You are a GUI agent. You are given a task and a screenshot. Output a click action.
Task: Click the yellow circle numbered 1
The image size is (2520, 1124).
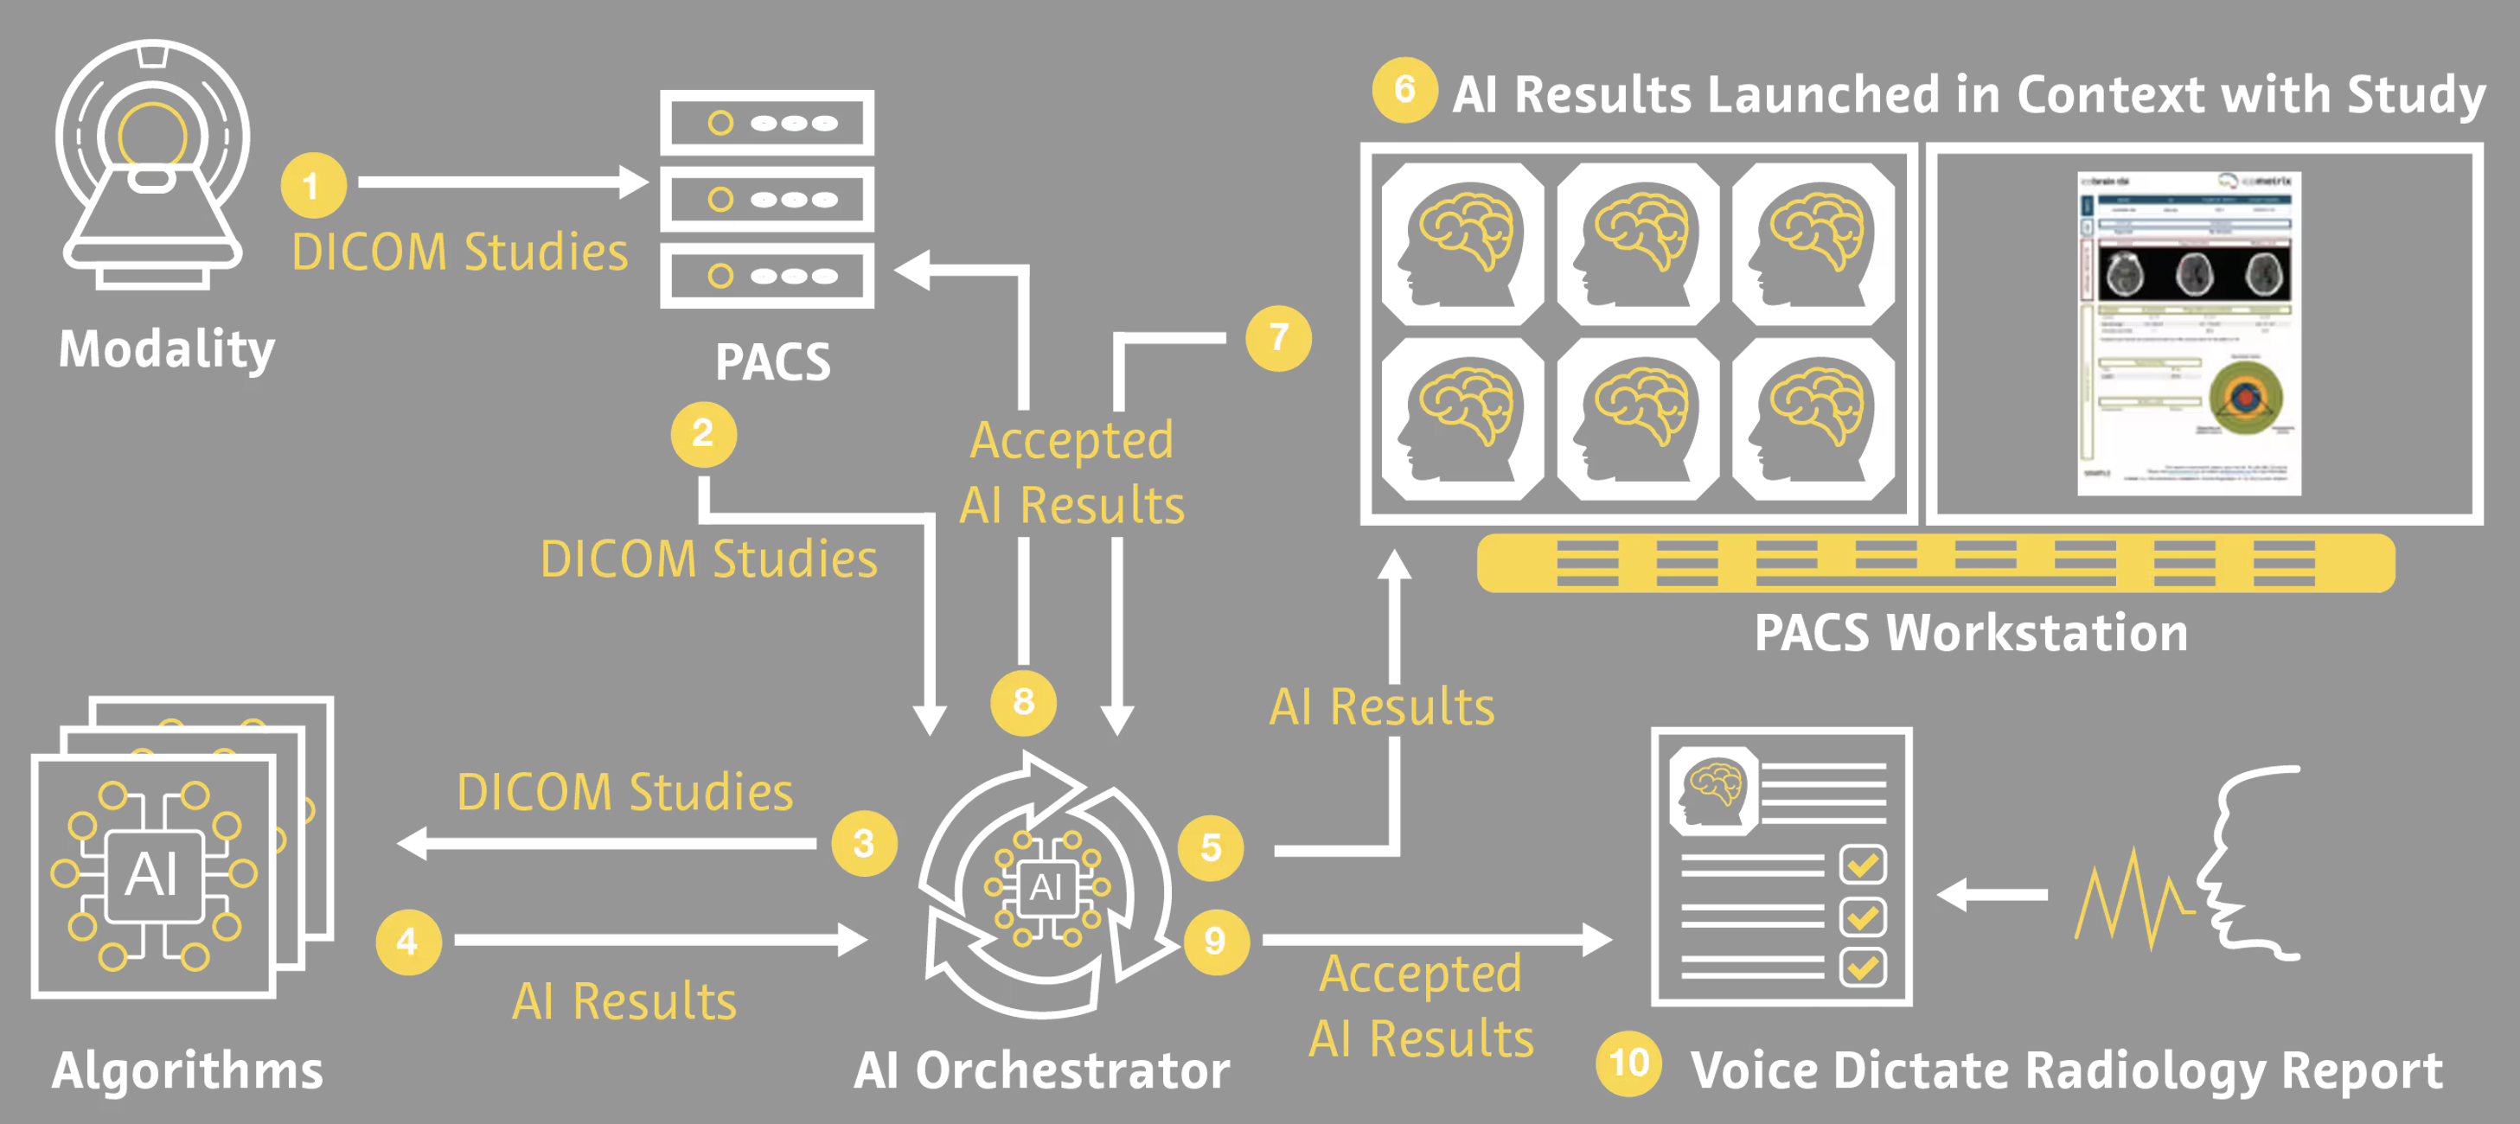pyautogui.click(x=313, y=186)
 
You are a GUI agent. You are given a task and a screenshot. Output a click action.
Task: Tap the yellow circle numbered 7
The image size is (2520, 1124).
pyautogui.click(x=1277, y=338)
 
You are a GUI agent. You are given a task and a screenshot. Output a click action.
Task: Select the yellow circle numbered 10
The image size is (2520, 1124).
pyautogui.click(x=1628, y=1063)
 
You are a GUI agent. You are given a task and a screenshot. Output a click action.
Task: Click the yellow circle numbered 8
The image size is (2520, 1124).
pyautogui.click(x=1023, y=701)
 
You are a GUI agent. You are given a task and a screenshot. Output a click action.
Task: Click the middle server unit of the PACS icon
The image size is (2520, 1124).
pyautogui.click(x=767, y=200)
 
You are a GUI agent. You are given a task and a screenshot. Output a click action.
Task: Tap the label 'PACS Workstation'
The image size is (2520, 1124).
pyautogui.click(x=1970, y=633)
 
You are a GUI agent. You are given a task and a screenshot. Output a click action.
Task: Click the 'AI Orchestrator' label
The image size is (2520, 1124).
pyautogui.click(x=1041, y=1070)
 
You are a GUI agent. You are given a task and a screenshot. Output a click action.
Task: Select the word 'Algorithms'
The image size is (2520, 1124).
pyautogui.click(x=187, y=1070)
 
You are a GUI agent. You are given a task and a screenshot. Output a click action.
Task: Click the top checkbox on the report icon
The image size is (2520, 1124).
pyautogui.click(x=1862, y=865)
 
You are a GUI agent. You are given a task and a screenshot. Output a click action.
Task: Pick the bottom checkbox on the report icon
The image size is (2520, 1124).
pyautogui.click(x=1862, y=968)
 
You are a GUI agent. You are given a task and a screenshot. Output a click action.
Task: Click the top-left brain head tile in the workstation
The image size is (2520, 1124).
pyautogui.click(x=1462, y=244)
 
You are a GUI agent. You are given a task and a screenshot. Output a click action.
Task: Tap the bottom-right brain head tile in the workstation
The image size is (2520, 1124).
pyautogui.click(x=1813, y=419)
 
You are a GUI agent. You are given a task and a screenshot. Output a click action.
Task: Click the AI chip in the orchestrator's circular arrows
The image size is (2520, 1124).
pyautogui.click(x=1046, y=887)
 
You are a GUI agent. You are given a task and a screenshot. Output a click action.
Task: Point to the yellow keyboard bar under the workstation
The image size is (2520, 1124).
pyautogui.click(x=1935, y=564)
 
